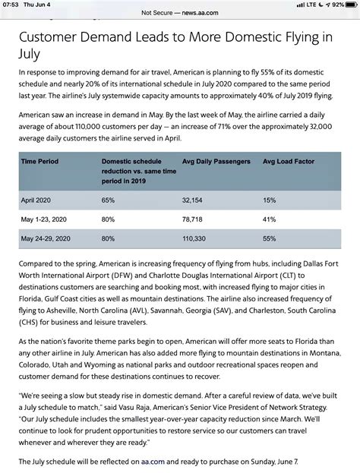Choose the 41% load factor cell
[269, 219]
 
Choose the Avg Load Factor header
[288, 162]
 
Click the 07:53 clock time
[10, 5]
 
